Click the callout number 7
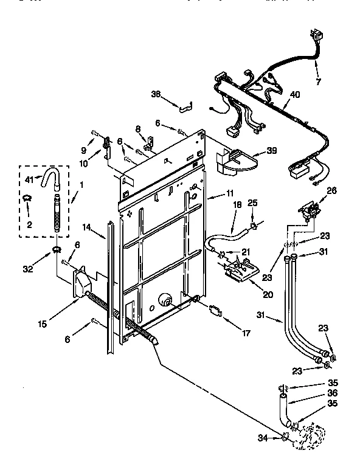pos(318,81)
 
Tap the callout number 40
pos(295,94)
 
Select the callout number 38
pos(156,94)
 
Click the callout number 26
pos(331,190)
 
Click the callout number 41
pos(29,179)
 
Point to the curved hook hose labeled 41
pos(50,178)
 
